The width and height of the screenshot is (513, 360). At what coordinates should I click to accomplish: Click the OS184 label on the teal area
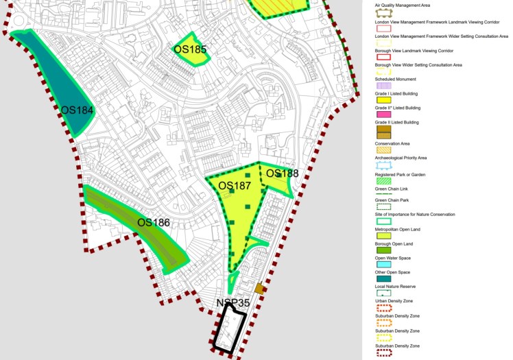pyautogui.click(x=77, y=110)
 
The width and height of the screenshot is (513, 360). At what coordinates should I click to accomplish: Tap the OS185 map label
pyautogui.click(x=190, y=49)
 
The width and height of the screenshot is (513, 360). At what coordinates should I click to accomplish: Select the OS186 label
pyautogui.click(x=153, y=223)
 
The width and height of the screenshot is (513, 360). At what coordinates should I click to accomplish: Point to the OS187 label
pyautogui.click(x=235, y=186)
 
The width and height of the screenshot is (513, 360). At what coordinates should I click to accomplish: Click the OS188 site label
pyautogui.click(x=283, y=173)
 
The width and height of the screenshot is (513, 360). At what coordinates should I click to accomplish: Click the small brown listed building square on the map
pyautogui.click(x=259, y=289)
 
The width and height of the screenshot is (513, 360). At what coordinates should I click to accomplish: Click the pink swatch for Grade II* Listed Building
pyautogui.click(x=383, y=115)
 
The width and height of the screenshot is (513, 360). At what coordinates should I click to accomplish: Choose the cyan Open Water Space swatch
pyautogui.click(x=383, y=265)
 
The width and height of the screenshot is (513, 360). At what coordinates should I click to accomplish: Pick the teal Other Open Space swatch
pyautogui.click(x=383, y=278)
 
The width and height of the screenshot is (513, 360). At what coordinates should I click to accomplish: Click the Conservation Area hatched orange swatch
pyautogui.click(x=383, y=149)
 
